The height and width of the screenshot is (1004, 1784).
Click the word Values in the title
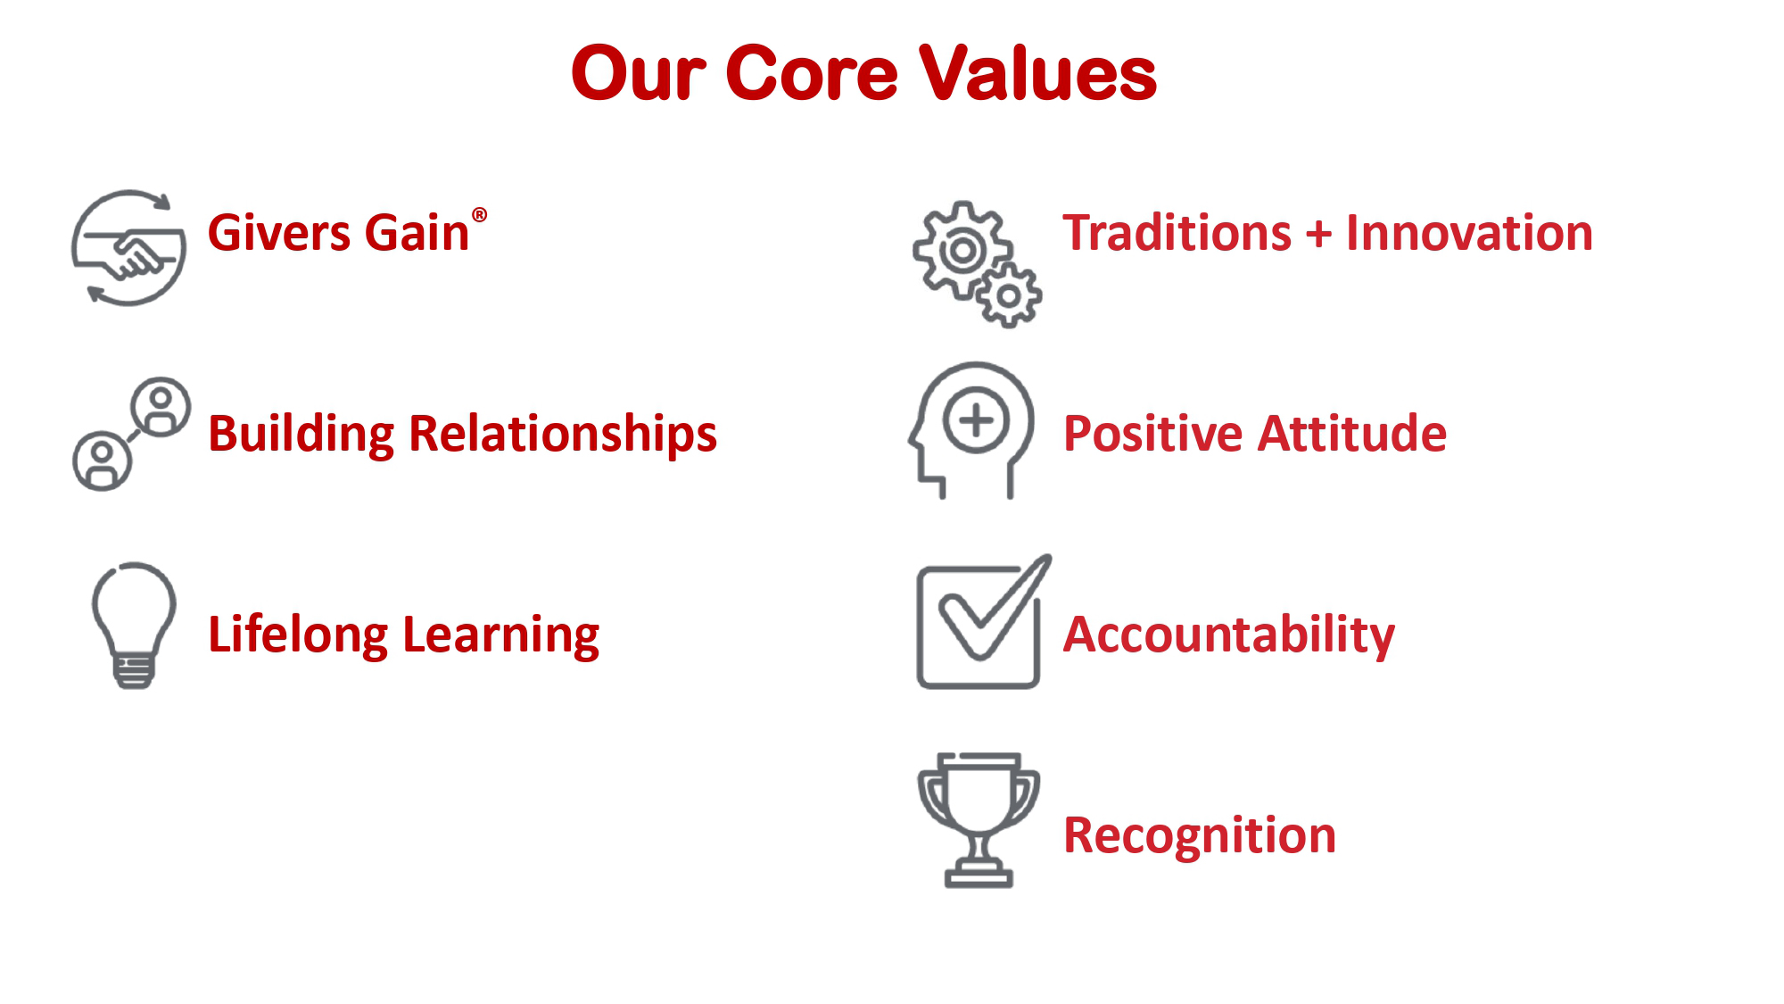pos(1037,73)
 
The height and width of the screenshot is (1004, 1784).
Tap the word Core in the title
pos(812,73)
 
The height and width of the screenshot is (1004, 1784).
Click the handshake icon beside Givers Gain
pos(129,248)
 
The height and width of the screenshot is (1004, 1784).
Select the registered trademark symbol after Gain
pos(479,215)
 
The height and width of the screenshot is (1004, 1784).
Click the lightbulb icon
pos(134,626)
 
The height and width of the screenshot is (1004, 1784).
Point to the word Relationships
pos(563,436)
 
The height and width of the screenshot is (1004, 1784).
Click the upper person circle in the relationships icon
pos(161,407)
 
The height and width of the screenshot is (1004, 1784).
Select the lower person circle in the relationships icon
pos(102,461)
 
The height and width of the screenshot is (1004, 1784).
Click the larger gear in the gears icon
pos(962,251)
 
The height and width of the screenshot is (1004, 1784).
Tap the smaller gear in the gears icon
pos(1009,295)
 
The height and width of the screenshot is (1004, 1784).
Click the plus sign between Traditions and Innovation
pos(1318,235)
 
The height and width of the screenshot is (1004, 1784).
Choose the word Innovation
pos(1469,233)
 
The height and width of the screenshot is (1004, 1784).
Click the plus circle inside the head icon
pos(976,420)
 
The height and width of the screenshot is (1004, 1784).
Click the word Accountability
pos(1229,635)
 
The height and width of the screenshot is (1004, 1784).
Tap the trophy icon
pos(979,819)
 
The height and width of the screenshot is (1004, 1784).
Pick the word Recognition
pos(1200,836)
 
